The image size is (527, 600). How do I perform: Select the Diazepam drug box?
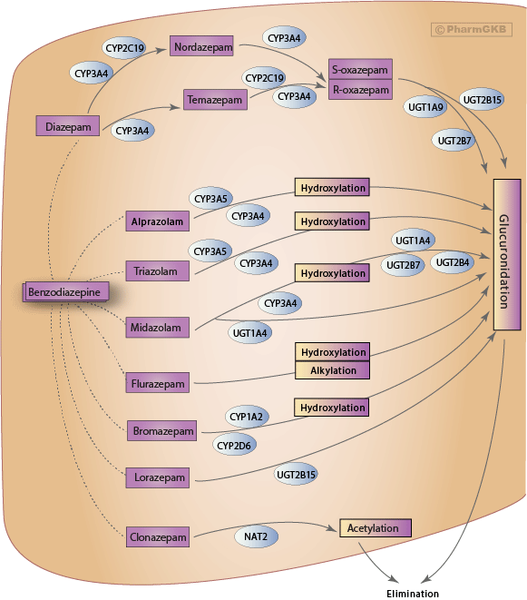pyautogui.click(x=67, y=127)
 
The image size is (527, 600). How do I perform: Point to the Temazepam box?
pyautogui.click(x=215, y=98)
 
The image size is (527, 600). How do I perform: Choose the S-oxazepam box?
pyautogui.click(x=360, y=69)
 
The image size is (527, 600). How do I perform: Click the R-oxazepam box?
pyautogui.click(x=360, y=89)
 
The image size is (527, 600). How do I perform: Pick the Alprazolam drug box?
pyautogui.click(x=157, y=221)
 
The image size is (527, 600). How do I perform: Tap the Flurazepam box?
pyautogui.click(x=158, y=384)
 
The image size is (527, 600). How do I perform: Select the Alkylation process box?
pyautogui.click(x=333, y=370)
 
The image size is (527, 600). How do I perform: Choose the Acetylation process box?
pyautogui.click(x=375, y=527)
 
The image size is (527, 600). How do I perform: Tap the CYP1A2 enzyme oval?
pyautogui.click(x=247, y=418)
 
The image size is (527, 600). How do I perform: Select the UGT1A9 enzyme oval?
pyautogui.click(x=425, y=107)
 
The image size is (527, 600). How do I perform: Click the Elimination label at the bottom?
pyautogui.click(x=412, y=593)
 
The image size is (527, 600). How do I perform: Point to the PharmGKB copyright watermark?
pyautogui.click(x=472, y=29)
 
